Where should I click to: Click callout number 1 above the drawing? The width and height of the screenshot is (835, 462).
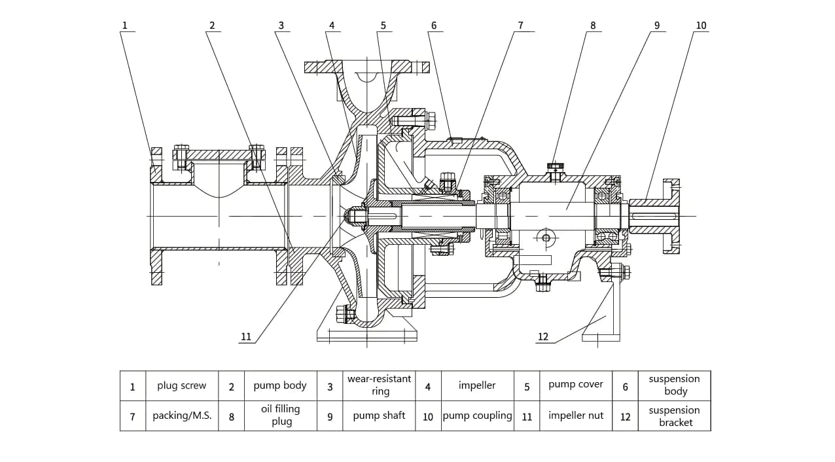point(124,26)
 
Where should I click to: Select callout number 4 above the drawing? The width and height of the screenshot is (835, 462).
point(332,26)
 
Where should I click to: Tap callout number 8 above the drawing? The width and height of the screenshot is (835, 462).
point(593,26)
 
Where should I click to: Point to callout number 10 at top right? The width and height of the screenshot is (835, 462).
point(701,26)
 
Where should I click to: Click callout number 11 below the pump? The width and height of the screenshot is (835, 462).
point(246,337)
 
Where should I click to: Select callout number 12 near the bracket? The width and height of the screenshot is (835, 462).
point(543,337)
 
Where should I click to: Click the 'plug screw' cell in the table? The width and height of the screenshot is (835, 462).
point(181,385)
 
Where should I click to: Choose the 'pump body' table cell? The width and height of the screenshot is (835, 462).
point(280,385)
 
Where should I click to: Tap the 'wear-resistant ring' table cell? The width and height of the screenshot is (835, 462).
point(380,385)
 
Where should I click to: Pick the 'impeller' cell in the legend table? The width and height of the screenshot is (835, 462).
point(477,385)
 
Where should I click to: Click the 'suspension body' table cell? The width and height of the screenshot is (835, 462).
point(674,385)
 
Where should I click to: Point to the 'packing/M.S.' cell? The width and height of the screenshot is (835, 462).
point(182,416)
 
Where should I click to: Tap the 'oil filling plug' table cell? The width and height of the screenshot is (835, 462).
point(281,415)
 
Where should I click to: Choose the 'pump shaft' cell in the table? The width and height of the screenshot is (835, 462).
point(379,416)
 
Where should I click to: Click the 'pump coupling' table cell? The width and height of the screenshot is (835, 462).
point(477,416)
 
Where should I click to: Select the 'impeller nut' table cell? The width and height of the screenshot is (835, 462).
point(576,416)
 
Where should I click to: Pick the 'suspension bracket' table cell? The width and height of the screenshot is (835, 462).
point(674,416)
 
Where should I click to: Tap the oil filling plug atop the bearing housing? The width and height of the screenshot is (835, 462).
point(556,171)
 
